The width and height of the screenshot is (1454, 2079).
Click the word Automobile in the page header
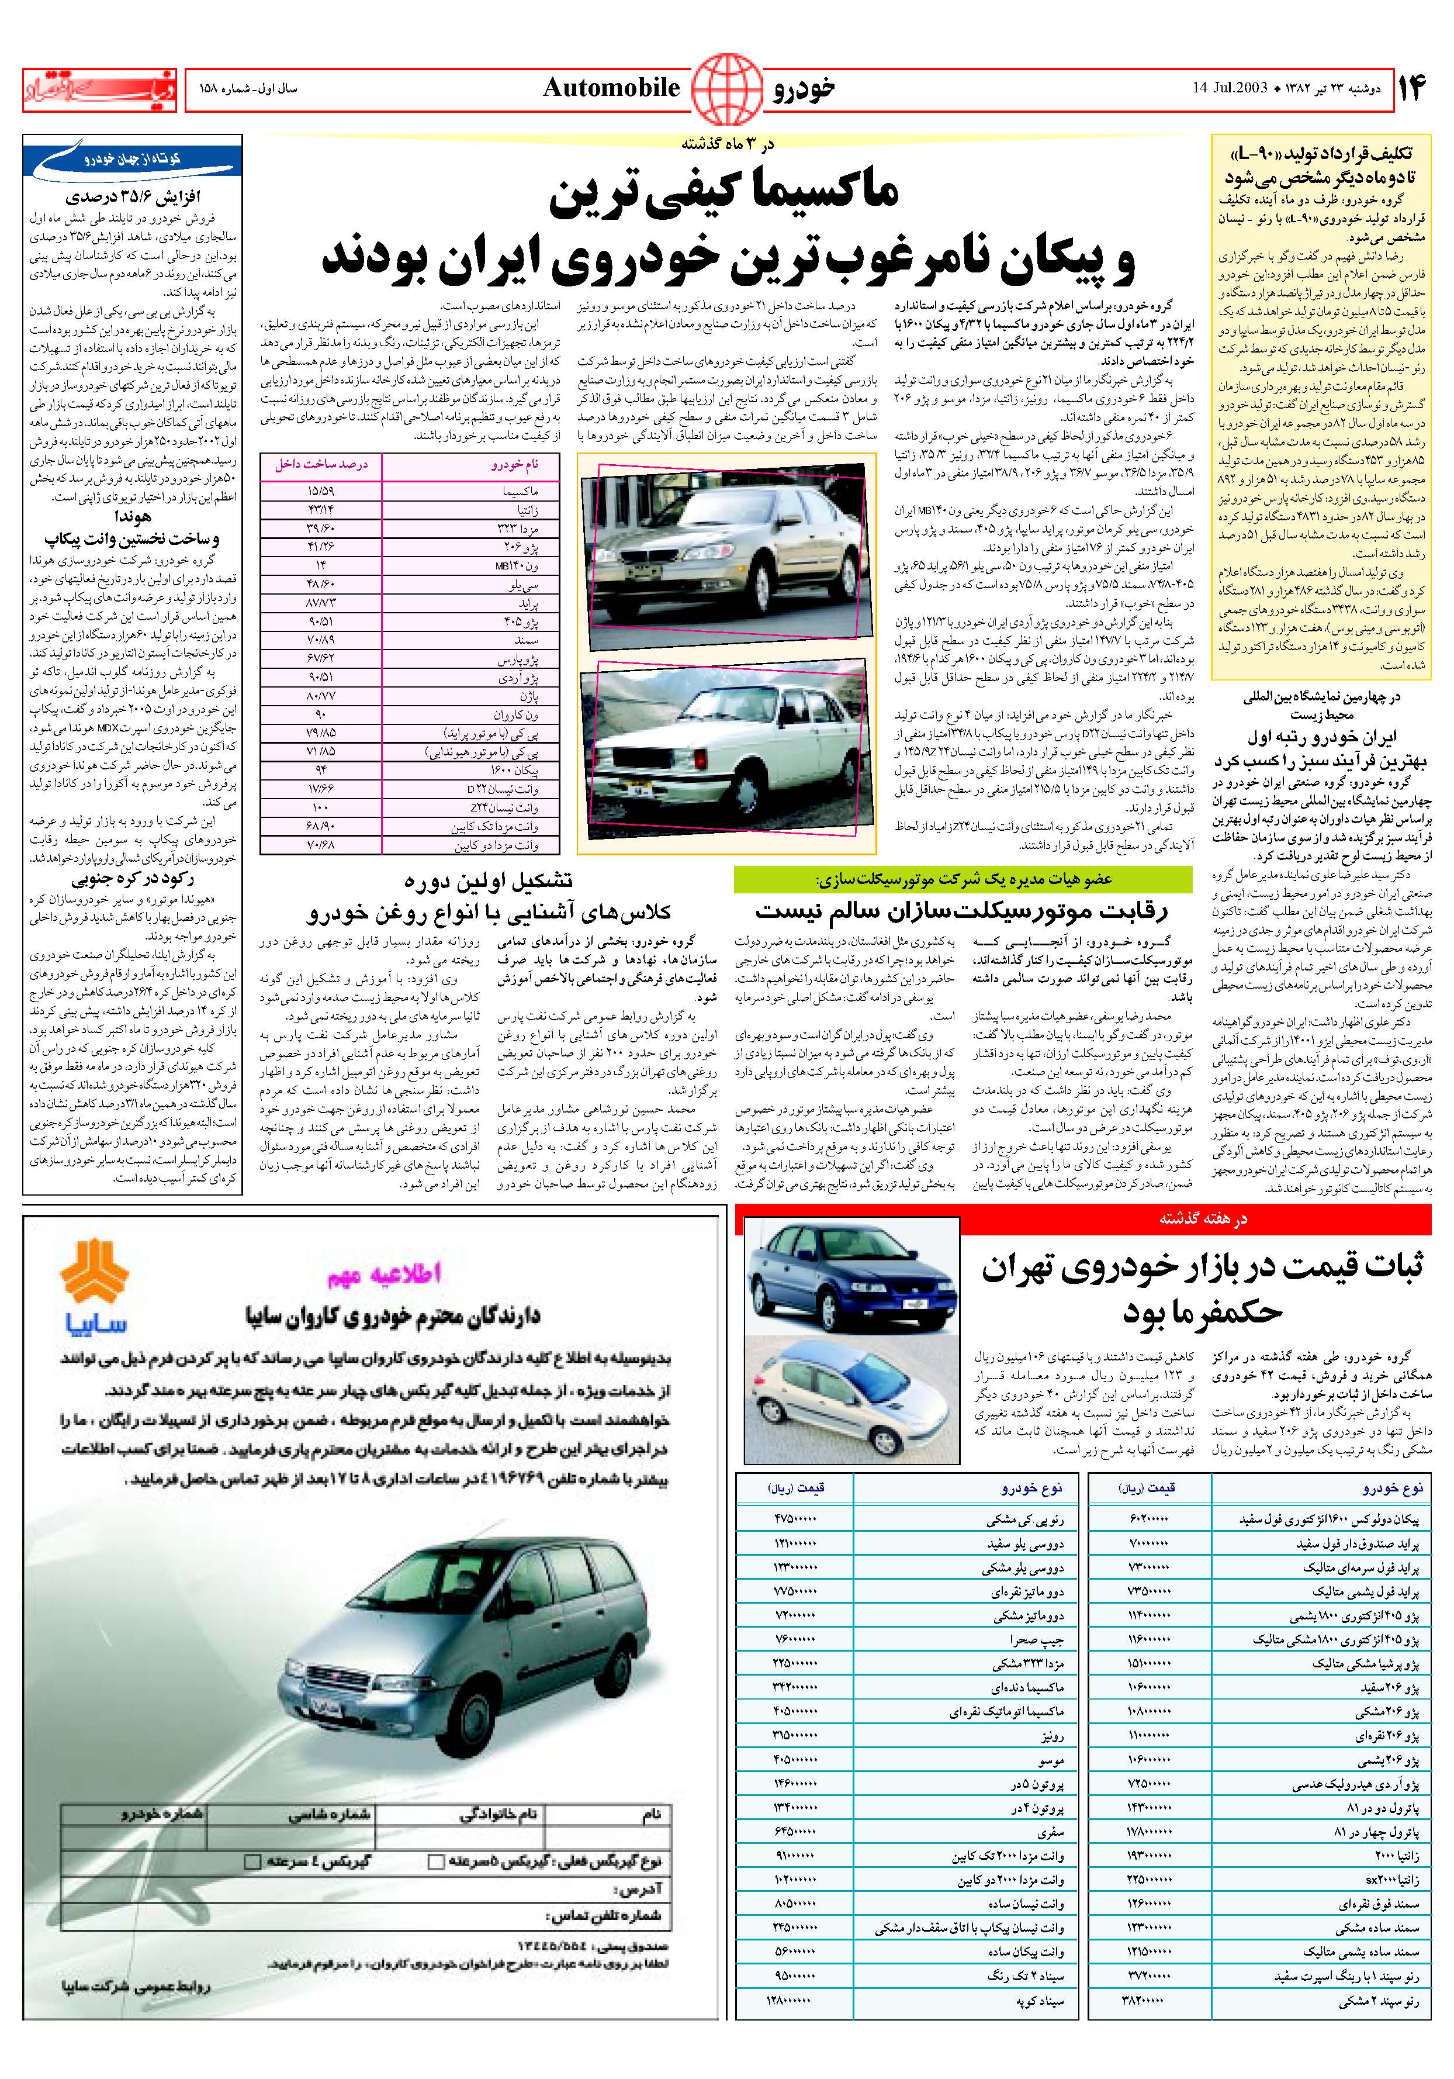tap(611, 87)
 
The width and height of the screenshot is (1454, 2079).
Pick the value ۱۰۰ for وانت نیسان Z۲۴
tap(321, 806)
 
